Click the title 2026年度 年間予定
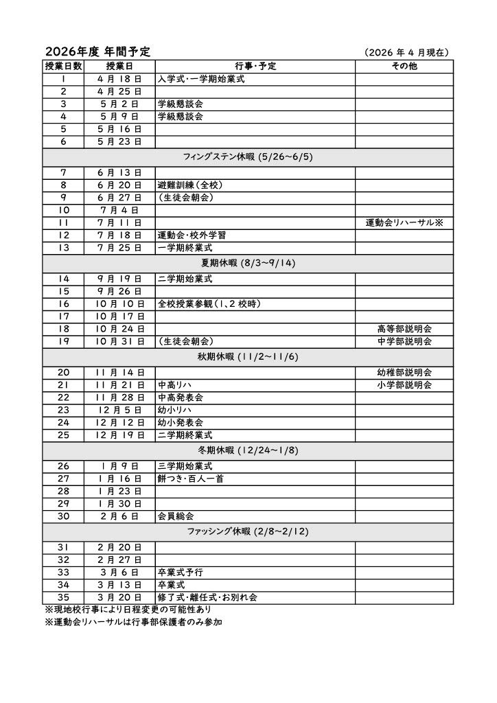coord(97,52)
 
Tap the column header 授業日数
coord(63,67)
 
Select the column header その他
coord(404,67)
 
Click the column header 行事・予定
coord(255,67)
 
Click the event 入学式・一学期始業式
coord(201,79)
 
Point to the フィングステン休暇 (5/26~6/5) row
coord(248,157)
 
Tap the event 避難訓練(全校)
coord(190,185)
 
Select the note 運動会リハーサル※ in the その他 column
coord(404,223)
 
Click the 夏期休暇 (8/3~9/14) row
coord(248,263)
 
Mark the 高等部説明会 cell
coord(404,329)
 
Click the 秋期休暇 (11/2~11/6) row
coord(248,357)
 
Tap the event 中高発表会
coord(181,397)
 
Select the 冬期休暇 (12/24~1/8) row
coord(248,451)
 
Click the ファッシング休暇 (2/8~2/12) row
coord(248,532)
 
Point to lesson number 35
coord(63,597)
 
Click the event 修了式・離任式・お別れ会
coord(207,597)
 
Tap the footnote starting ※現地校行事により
coord(128,610)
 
